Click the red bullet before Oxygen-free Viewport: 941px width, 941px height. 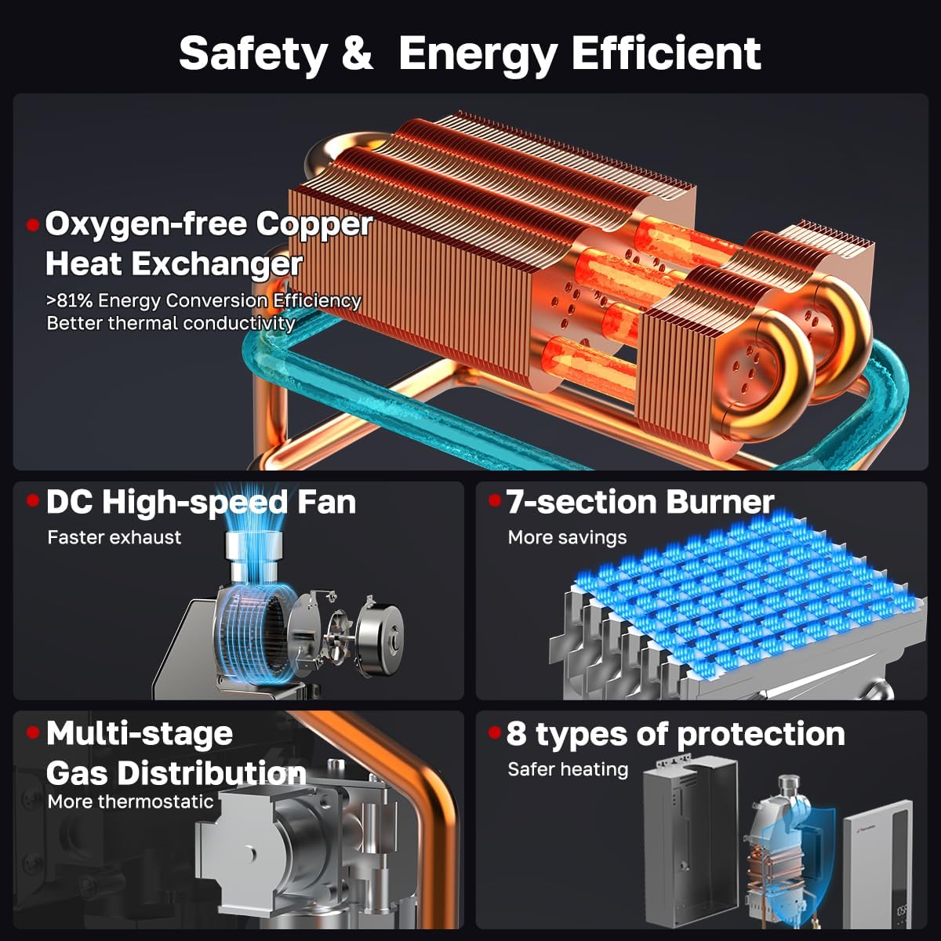pyautogui.click(x=33, y=225)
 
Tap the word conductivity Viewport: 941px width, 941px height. pyautogui.click(x=239, y=323)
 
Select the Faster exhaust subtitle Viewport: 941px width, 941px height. pyautogui.click(x=114, y=537)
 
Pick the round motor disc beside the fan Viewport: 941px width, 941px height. pyautogui.click(x=379, y=633)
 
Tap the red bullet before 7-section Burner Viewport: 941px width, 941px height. pyautogui.click(x=495, y=500)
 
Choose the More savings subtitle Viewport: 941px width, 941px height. pyautogui.click(x=567, y=537)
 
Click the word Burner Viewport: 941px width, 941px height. pyautogui.click(x=720, y=503)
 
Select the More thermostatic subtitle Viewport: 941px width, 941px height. pyautogui.click(x=130, y=801)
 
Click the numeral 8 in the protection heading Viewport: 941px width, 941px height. pyautogui.click(x=516, y=734)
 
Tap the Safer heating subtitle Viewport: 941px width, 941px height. pyautogui.click(x=568, y=769)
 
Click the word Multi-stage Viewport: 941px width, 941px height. pyautogui.click(x=139, y=735)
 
